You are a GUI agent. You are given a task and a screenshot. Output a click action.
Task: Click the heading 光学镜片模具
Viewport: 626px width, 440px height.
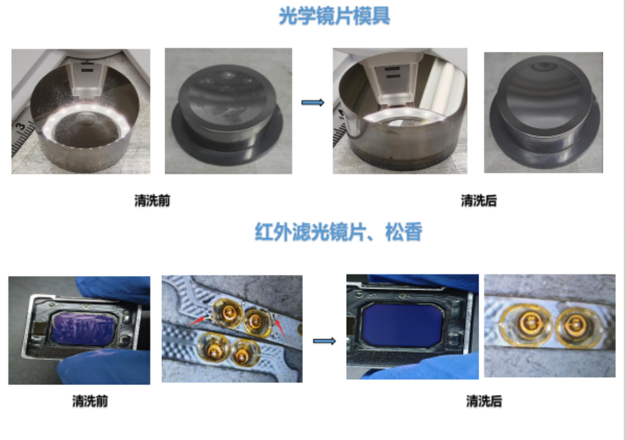[x=334, y=16]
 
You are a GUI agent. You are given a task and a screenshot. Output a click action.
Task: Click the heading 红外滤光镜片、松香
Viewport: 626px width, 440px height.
[x=338, y=232]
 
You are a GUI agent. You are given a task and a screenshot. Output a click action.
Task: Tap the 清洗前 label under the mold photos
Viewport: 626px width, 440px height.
[x=152, y=200]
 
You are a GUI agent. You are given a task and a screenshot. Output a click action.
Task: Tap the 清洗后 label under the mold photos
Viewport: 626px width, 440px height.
[x=479, y=200]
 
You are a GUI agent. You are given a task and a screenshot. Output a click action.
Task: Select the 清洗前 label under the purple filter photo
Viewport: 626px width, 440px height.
[x=90, y=401]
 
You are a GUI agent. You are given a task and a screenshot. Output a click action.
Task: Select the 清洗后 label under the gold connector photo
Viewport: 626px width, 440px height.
[x=484, y=401]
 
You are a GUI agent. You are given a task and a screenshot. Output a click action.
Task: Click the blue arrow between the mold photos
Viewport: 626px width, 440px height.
[x=313, y=102]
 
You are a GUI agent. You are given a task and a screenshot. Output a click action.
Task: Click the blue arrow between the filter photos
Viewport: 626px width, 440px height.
[x=324, y=341]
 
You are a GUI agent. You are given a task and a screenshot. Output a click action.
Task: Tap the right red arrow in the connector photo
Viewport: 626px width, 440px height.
[x=279, y=325]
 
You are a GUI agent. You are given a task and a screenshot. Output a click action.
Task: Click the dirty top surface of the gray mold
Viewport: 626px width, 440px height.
[x=227, y=97]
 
